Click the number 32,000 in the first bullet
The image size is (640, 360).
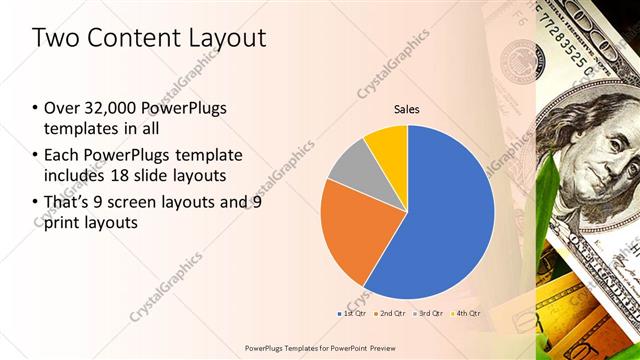click(104, 109)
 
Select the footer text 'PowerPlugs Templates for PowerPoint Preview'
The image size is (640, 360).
click(319, 348)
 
